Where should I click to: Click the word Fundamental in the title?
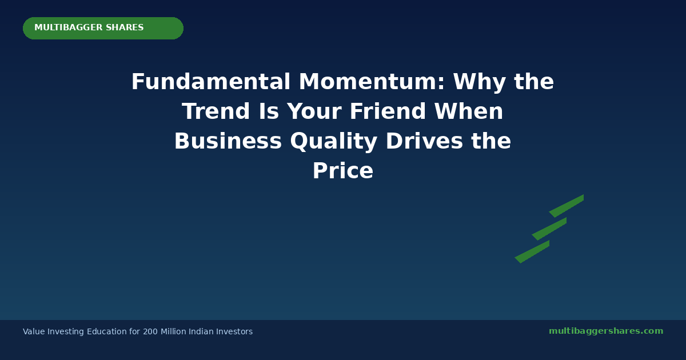[x=211, y=81]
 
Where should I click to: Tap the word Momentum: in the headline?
[x=372, y=81]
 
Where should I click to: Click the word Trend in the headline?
[x=216, y=111]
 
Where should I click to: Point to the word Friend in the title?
[x=388, y=111]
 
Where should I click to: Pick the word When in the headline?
[x=469, y=111]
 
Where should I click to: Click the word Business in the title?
[x=228, y=141]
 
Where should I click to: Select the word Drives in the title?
[x=424, y=141]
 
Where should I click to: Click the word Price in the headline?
[x=343, y=170]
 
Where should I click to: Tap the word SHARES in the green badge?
[x=125, y=27]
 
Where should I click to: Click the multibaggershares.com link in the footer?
[x=606, y=331]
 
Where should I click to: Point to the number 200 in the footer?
[x=150, y=331]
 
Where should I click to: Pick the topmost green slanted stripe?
[x=567, y=206]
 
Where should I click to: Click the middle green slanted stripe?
[x=549, y=229]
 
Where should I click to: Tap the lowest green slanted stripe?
[x=532, y=251]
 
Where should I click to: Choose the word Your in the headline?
[x=314, y=111]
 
